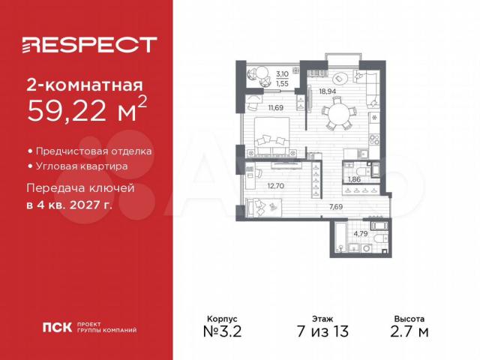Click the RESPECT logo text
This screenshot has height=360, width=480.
(x=90, y=45)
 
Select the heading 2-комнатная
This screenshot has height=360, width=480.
(x=85, y=85)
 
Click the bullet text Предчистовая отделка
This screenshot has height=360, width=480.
(x=94, y=151)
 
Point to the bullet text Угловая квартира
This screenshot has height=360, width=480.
(x=82, y=166)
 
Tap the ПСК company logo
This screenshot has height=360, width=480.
(x=57, y=327)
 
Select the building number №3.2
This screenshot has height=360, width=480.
(x=222, y=331)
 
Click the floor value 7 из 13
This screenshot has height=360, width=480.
(x=322, y=331)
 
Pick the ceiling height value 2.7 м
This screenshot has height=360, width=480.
(x=409, y=331)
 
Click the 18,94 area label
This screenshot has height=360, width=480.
(x=328, y=91)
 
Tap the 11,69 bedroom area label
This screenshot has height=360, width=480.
(x=276, y=107)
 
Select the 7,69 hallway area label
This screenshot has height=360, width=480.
(x=336, y=207)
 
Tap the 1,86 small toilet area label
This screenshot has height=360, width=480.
(x=354, y=179)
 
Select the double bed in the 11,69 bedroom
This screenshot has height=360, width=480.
(x=271, y=136)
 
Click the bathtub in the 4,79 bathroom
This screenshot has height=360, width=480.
(x=340, y=238)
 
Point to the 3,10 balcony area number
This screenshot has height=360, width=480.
(x=282, y=73)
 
